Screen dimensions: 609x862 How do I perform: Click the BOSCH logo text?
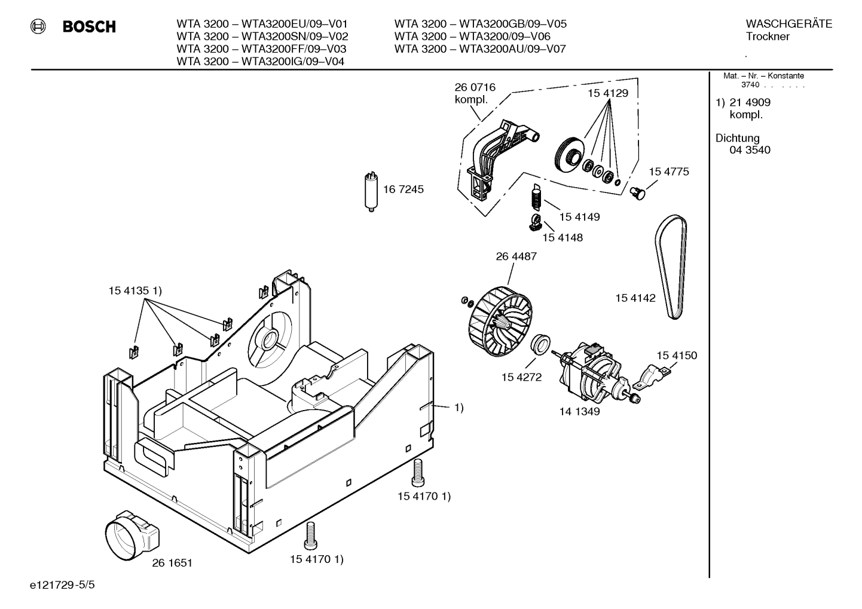click(x=89, y=27)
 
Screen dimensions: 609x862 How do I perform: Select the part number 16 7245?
click(x=403, y=189)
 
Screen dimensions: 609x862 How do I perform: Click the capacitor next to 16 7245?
click(x=371, y=191)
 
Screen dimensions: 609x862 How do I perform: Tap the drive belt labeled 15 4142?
click(x=671, y=266)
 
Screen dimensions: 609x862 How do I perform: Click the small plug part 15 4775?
click(x=638, y=192)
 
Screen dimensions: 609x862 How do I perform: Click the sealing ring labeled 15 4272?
click(x=542, y=344)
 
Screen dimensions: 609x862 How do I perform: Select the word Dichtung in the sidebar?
click(x=737, y=138)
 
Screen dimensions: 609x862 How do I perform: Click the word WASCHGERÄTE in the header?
click(x=788, y=24)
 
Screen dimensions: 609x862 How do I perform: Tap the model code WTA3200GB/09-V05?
click(x=512, y=24)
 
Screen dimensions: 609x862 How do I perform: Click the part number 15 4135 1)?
click(x=135, y=291)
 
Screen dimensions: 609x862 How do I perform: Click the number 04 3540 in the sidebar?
click(x=750, y=150)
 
